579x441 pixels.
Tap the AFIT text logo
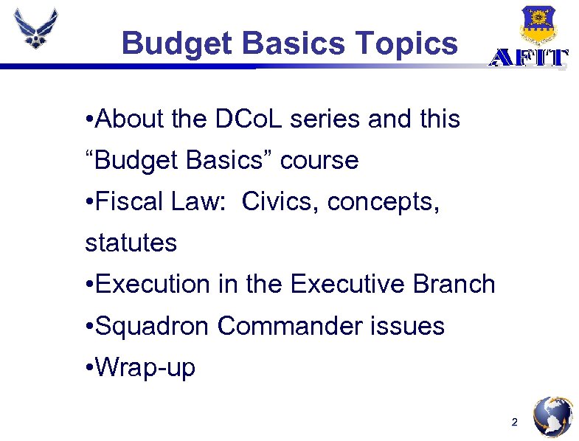(529, 58)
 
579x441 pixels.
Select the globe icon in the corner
(552, 417)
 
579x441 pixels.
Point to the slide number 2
(515, 423)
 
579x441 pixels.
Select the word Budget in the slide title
(177, 43)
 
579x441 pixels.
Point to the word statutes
(131, 243)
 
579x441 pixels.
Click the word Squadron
(154, 325)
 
